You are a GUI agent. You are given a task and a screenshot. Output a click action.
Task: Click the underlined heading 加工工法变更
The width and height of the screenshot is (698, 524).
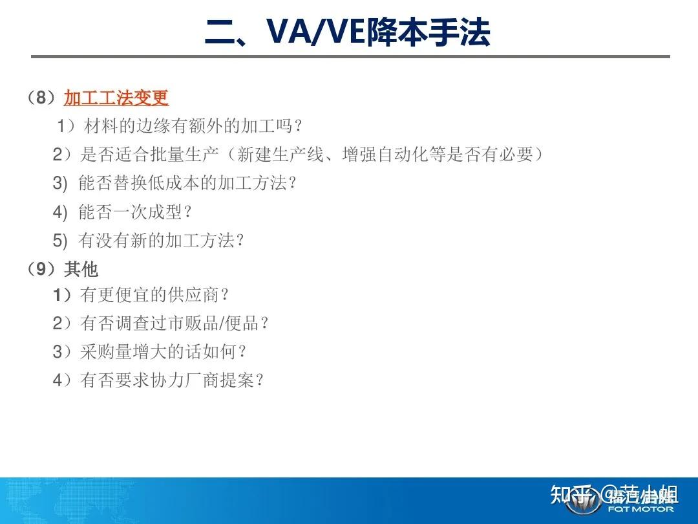coord(116,98)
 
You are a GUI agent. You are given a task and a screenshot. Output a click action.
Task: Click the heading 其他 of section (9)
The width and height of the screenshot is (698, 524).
coord(81,268)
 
